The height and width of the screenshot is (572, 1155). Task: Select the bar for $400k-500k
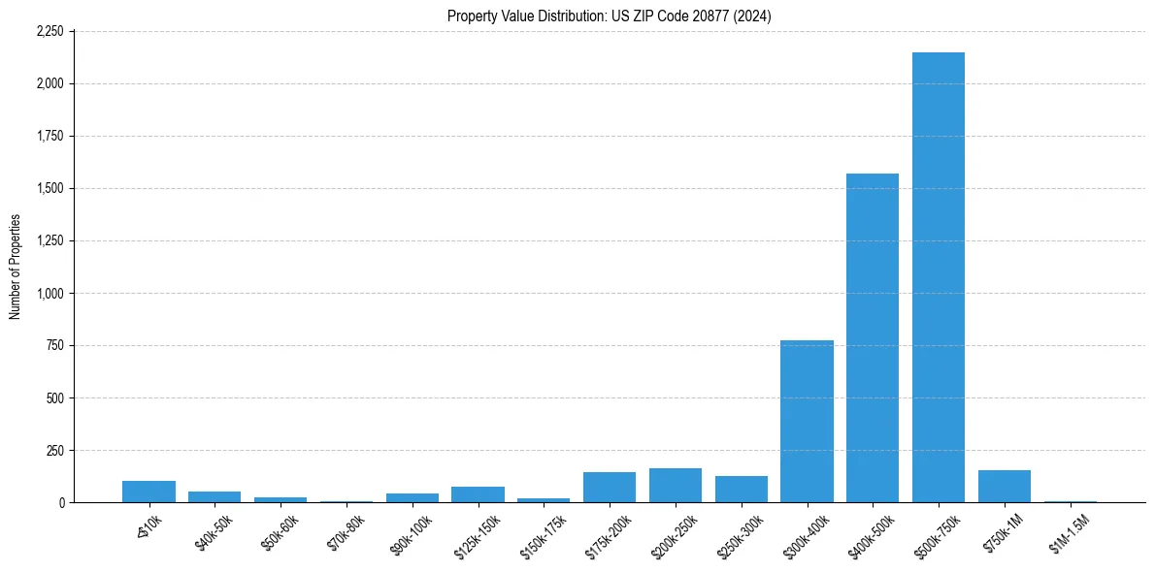[873, 338]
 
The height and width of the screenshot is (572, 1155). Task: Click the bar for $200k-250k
[676, 486]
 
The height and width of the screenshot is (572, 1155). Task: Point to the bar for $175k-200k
[610, 488]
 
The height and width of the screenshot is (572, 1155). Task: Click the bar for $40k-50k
[214, 496]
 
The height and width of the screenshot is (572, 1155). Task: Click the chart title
[610, 16]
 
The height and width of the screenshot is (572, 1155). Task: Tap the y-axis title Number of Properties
[16, 267]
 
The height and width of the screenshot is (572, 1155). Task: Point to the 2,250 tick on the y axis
[49, 31]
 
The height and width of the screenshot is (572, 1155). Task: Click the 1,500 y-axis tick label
[49, 188]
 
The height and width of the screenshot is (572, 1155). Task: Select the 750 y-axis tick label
[54, 345]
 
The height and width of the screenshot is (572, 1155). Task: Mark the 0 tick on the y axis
[60, 502]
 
